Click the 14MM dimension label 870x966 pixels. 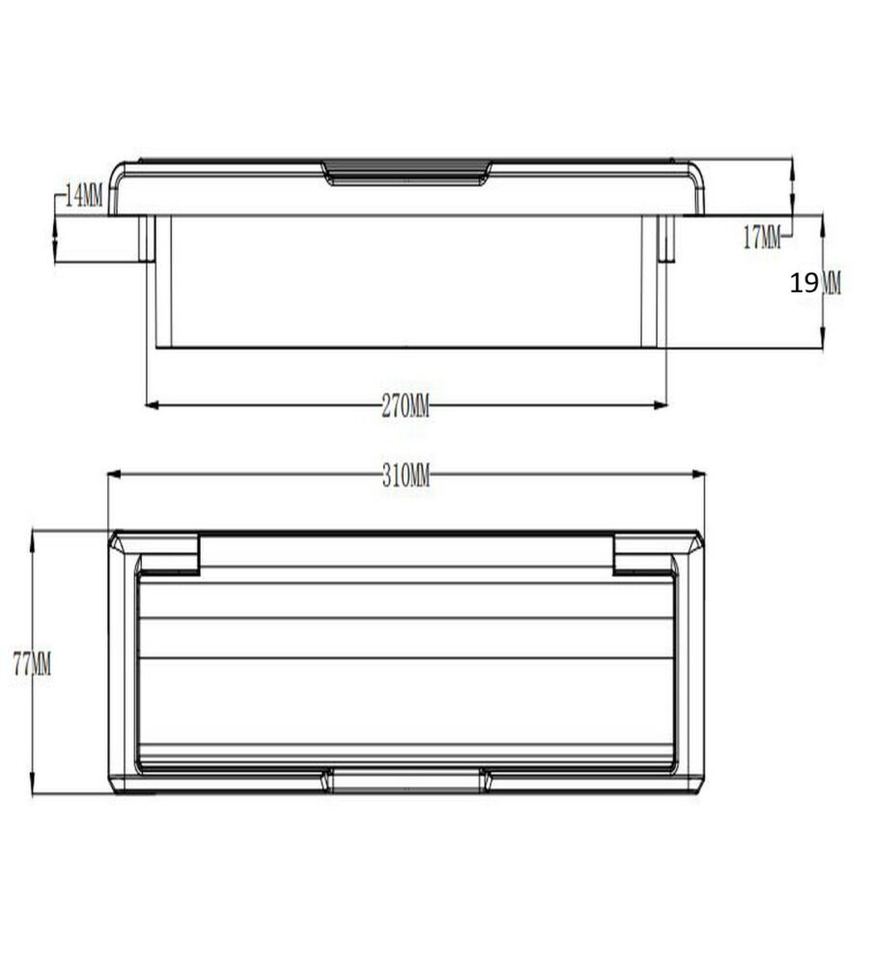click(x=84, y=197)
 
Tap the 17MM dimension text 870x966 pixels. click(x=762, y=237)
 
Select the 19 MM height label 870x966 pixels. click(x=815, y=284)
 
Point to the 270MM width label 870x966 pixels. click(x=406, y=406)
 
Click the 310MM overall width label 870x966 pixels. click(x=406, y=476)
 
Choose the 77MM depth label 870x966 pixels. click(x=32, y=664)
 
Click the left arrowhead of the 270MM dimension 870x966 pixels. click(x=152, y=405)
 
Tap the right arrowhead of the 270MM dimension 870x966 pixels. click(x=660, y=405)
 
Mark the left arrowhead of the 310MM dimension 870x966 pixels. click(x=115, y=475)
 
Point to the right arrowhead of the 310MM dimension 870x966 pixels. click(x=698, y=475)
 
